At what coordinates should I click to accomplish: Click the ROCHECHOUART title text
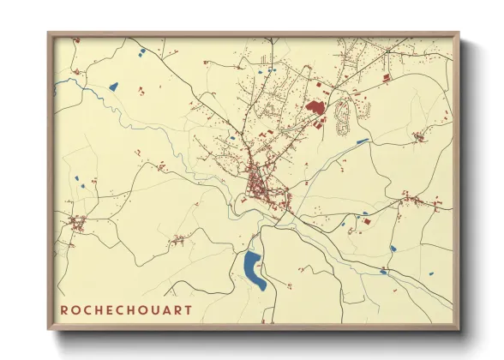(125, 309)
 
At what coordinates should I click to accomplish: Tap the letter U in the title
(159, 309)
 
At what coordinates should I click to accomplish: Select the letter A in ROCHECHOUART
(171, 309)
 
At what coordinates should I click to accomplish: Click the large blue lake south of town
(254, 269)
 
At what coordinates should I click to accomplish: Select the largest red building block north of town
(315, 108)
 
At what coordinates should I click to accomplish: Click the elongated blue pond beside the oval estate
(363, 141)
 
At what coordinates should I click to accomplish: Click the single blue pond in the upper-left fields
(113, 85)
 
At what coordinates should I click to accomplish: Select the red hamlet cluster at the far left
(79, 225)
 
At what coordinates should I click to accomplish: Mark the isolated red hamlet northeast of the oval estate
(419, 136)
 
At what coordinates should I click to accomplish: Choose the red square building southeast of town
(369, 221)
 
